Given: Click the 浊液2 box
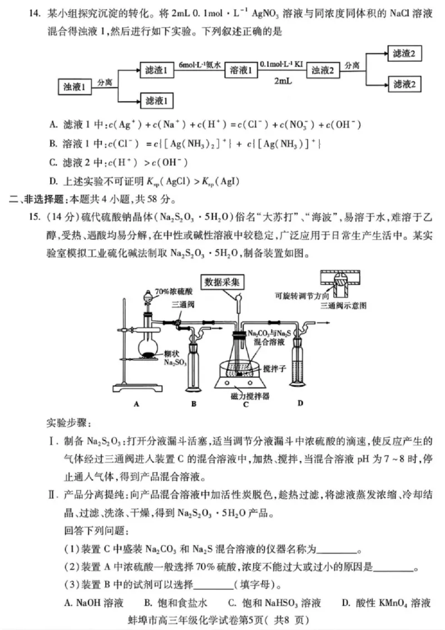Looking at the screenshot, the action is point(323,70).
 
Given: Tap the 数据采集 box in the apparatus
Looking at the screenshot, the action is point(222,282).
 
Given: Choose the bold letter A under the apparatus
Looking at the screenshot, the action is point(136,404).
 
